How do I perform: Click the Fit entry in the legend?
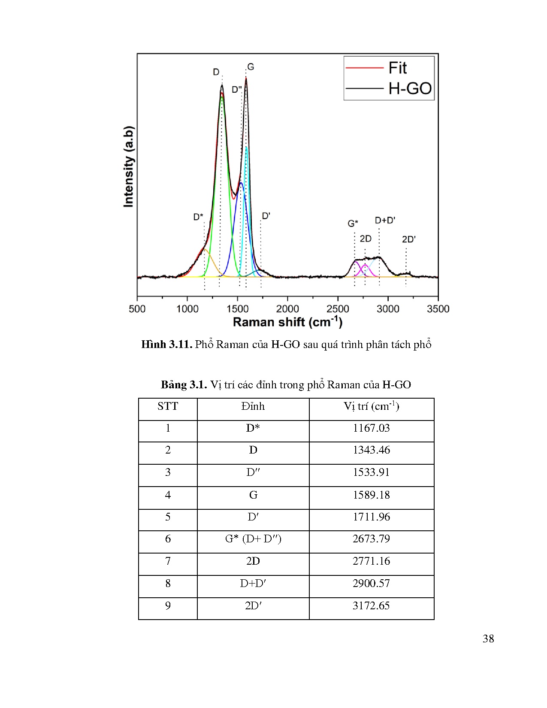pos(397,68)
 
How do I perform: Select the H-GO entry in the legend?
pos(409,88)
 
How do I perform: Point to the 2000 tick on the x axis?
pos(287,309)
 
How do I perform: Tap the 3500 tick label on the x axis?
pos(438,309)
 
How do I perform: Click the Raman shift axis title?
pos(287,322)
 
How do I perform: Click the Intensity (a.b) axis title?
pos(129,166)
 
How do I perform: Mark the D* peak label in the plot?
pos(198,217)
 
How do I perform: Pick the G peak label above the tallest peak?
pos(251,67)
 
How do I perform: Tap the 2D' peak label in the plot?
pos(408,239)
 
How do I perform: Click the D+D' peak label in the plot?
pos(385,221)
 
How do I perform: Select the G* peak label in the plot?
pos(353,224)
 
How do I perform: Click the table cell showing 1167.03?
pos(371,428)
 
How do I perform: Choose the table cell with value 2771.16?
pos(371,561)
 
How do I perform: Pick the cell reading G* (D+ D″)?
pos(253,539)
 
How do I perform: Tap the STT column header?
pos(168,406)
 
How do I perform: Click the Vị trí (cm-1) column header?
pos(371,406)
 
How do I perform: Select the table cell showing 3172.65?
pos(371,606)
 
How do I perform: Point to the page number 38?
pos(488,639)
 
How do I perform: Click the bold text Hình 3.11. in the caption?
pos(166,345)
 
